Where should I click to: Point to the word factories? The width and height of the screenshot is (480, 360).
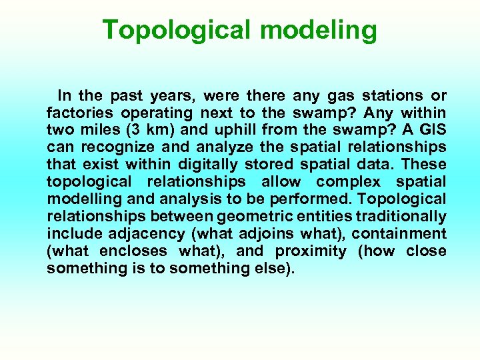click(x=76, y=113)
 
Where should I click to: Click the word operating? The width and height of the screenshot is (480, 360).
click(x=164, y=113)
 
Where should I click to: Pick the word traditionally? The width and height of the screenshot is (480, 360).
click(x=401, y=217)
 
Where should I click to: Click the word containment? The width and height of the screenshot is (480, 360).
click(x=399, y=234)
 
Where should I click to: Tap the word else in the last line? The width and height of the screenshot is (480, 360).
click(x=273, y=269)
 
